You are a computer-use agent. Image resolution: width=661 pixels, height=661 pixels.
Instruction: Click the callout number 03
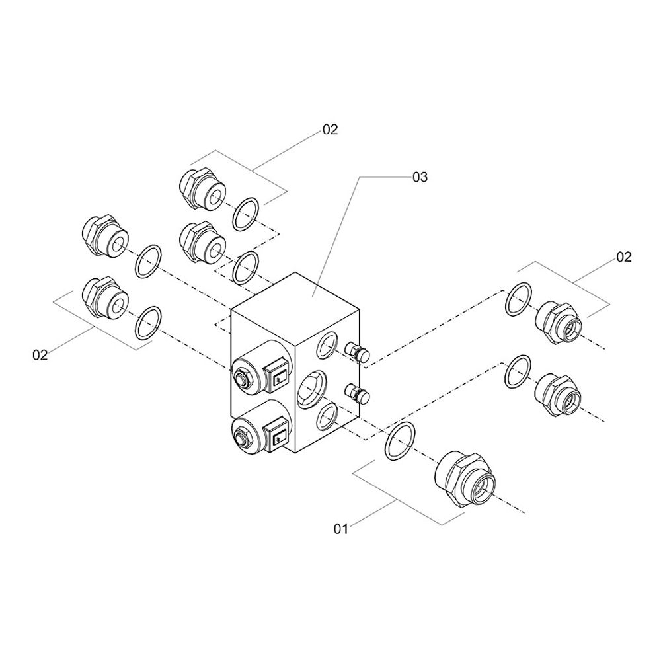pyautogui.click(x=420, y=177)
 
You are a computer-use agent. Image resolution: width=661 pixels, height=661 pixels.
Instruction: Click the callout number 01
pyautogui.click(x=340, y=529)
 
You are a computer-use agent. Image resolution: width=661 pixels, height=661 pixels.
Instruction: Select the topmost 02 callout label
pyautogui.click(x=330, y=130)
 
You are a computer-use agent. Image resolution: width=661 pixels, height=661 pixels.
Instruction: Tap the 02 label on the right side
pyautogui.click(x=624, y=257)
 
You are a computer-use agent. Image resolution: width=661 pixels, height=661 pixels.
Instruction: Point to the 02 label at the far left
pyautogui.click(x=40, y=355)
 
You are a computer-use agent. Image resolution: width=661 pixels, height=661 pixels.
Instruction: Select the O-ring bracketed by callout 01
pyautogui.click(x=401, y=440)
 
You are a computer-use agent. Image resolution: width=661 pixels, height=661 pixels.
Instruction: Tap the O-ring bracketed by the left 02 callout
pyautogui.click(x=149, y=322)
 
